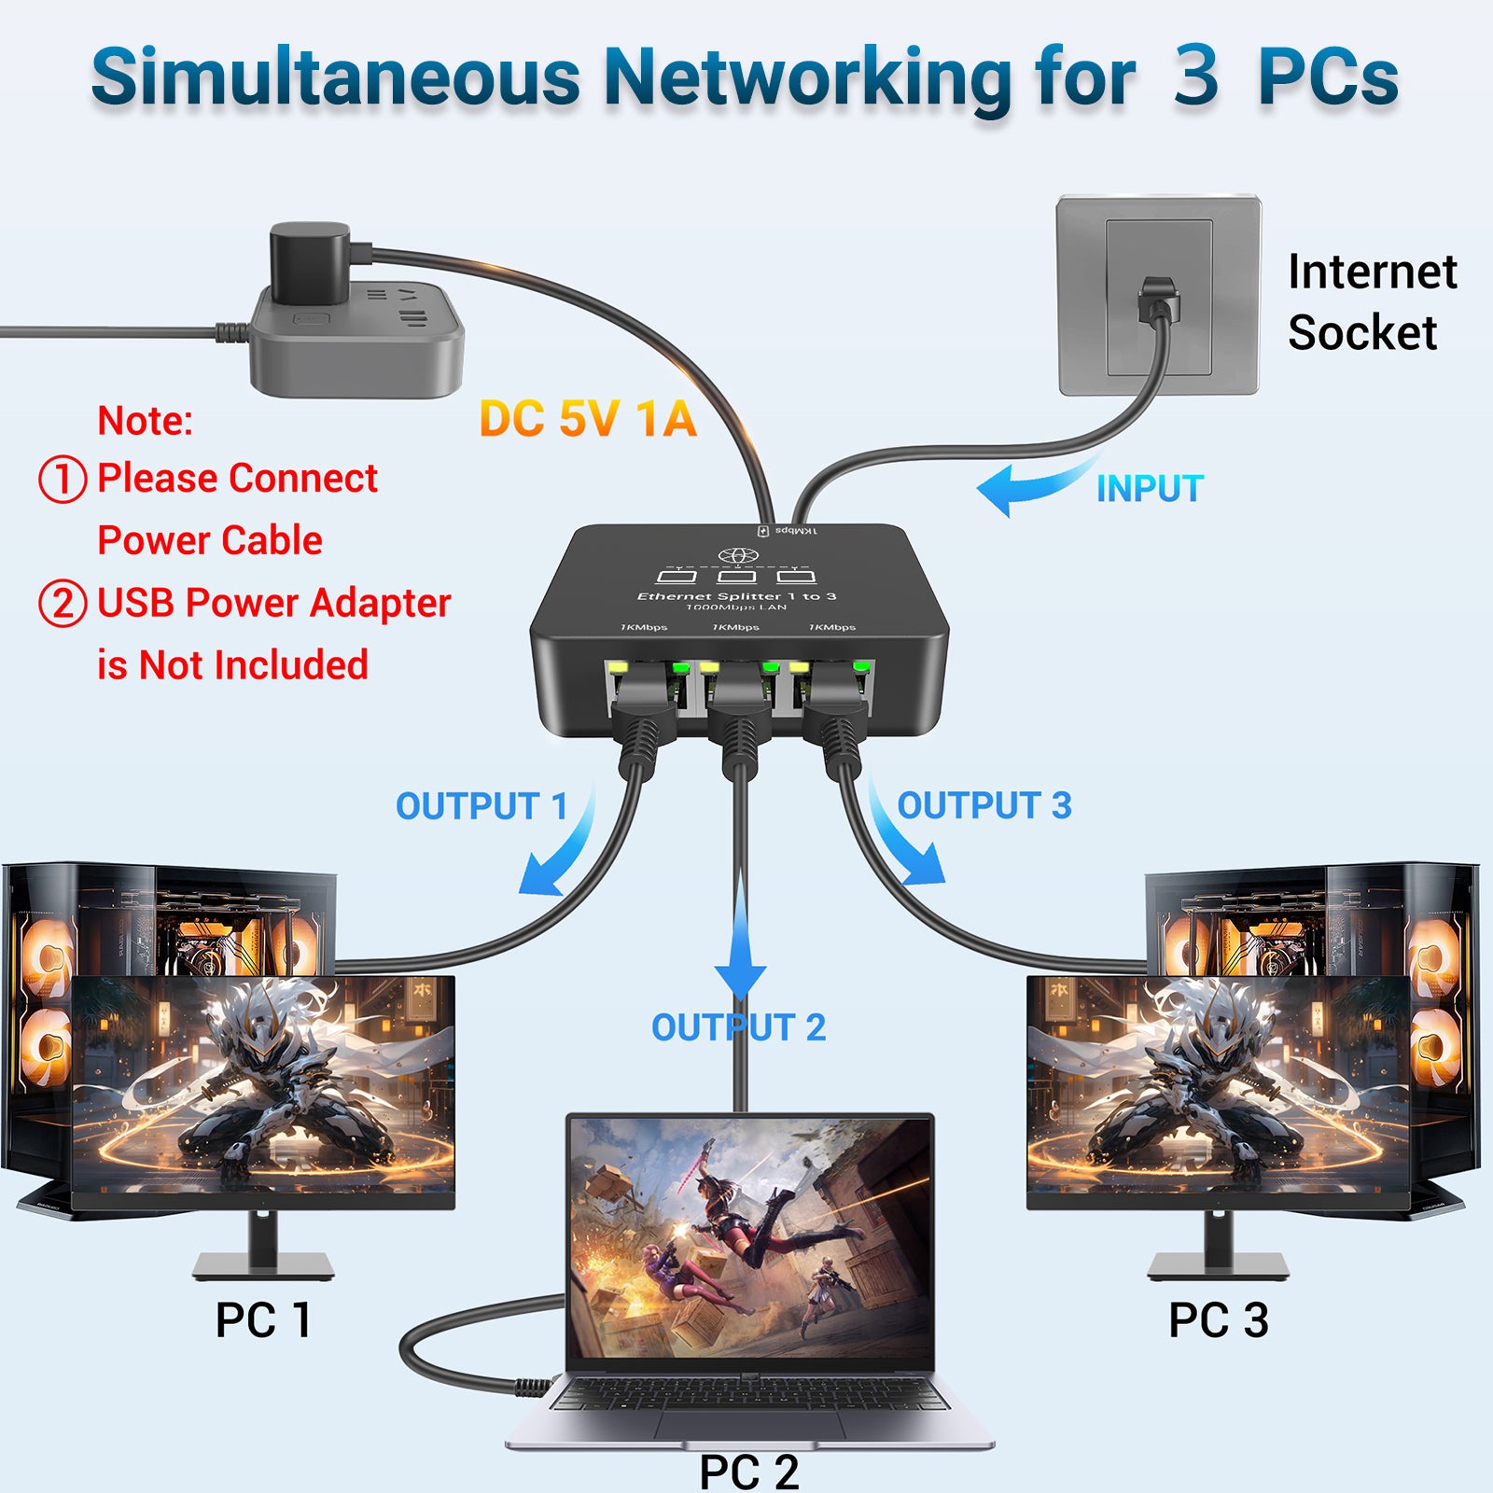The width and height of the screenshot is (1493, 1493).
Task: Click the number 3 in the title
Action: [1196, 77]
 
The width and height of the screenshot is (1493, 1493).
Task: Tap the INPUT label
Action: [1150, 489]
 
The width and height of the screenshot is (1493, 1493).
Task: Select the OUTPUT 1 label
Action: [481, 806]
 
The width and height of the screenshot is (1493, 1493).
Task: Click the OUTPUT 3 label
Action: [984, 805]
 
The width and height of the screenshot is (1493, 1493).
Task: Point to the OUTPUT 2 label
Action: [738, 1027]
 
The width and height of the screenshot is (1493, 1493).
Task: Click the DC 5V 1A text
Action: [588, 419]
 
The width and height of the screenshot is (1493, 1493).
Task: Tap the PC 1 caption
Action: [262, 1320]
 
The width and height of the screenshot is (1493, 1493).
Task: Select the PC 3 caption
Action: [1218, 1320]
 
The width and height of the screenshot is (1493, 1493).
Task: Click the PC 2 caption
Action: [748, 1472]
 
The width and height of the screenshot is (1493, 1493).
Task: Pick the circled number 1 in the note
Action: [63, 479]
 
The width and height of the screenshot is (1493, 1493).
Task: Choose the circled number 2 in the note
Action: [63, 603]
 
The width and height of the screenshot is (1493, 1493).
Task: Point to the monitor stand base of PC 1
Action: [263, 1265]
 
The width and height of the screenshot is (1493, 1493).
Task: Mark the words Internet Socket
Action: [1372, 302]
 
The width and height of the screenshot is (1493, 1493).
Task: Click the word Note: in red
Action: [146, 421]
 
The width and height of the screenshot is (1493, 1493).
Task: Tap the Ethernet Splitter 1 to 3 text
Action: [736, 596]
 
